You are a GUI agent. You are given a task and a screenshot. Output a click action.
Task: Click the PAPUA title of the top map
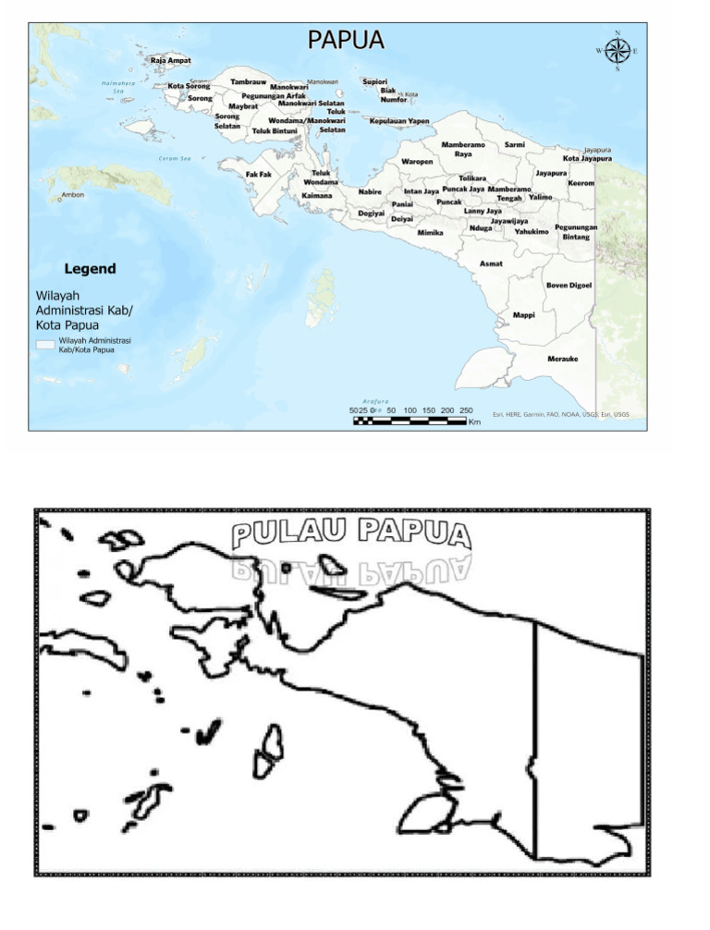click(346, 40)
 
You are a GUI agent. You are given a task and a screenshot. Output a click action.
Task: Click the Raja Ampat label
click(171, 60)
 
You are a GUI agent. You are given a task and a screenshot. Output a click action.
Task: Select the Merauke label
click(563, 359)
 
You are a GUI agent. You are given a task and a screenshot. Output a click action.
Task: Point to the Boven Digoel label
click(569, 285)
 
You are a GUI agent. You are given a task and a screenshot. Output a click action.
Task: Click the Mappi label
click(523, 315)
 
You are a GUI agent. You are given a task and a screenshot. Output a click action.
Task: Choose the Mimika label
click(431, 233)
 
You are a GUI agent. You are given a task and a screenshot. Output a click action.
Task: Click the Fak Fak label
click(259, 174)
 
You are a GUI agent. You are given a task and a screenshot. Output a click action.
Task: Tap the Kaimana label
click(317, 196)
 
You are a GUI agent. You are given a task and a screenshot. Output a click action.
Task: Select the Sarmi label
click(515, 145)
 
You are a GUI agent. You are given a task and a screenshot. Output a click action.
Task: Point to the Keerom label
click(581, 183)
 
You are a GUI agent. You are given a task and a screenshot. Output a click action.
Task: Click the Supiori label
click(374, 80)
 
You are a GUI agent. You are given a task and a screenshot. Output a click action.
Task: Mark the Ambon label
click(73, 195)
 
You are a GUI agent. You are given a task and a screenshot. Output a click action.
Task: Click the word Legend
click(90, 269)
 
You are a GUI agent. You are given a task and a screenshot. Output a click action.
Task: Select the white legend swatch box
click(46, 344)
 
